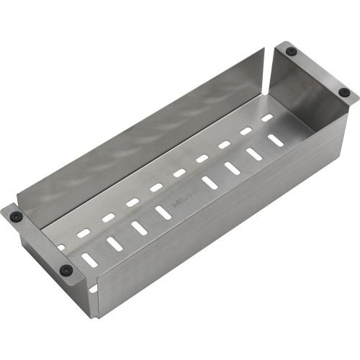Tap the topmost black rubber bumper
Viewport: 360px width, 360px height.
pyautogui.click(x=292, y=51)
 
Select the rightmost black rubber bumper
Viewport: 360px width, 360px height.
pyautogui.click(x=344, y=92)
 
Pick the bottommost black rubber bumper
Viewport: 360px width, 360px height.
pyautogui.click(x=66, y=270)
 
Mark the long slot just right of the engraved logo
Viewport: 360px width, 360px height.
pyautogui.click(x=210, y=183)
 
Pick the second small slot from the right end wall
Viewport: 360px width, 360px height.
pyautogui.click(x=246, y=131)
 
